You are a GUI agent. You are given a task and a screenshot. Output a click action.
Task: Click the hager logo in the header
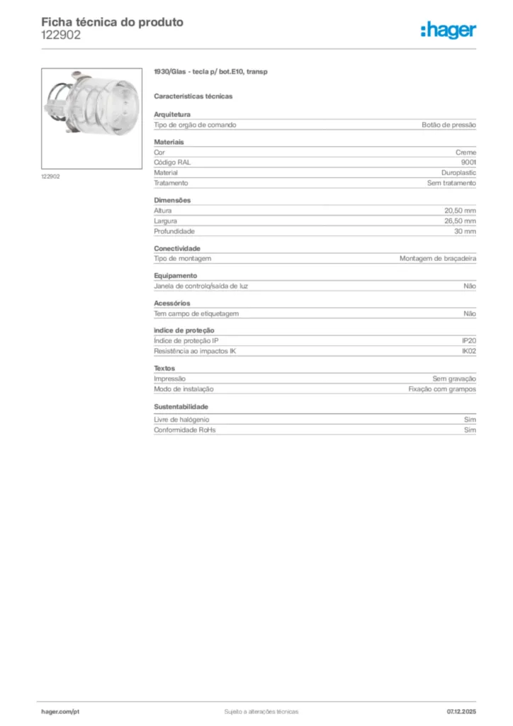click(449, 29)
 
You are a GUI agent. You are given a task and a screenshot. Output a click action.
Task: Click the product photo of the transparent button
click(91, 118)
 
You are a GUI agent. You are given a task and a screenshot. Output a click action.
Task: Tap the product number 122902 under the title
click(61, 35)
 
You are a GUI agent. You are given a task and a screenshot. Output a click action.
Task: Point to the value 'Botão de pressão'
click(449, 125)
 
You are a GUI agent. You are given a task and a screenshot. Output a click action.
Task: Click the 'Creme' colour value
click(466, 152)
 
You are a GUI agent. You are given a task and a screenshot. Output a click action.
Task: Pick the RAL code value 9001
click(468, 162)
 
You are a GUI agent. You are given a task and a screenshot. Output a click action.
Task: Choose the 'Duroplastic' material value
click(458, 172)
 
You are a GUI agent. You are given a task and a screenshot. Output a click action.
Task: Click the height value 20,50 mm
click(460, 211)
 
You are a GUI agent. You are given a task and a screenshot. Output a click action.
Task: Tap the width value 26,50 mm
click(460, 221)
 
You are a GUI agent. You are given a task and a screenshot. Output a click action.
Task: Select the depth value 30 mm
click(465, 231)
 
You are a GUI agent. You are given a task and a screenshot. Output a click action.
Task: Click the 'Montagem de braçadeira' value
click(437, 259)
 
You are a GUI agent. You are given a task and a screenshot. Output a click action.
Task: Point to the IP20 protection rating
click(468, 341)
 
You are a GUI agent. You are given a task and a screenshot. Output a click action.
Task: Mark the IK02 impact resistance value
click(468, 351)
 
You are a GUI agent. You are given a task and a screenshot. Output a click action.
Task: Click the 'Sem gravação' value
click(454, 379)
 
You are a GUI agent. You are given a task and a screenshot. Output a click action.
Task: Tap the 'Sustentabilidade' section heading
click(181, 407)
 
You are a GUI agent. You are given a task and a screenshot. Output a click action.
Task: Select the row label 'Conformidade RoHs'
click(184, 430)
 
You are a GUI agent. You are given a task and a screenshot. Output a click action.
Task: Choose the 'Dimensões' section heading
click(172, 200)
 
